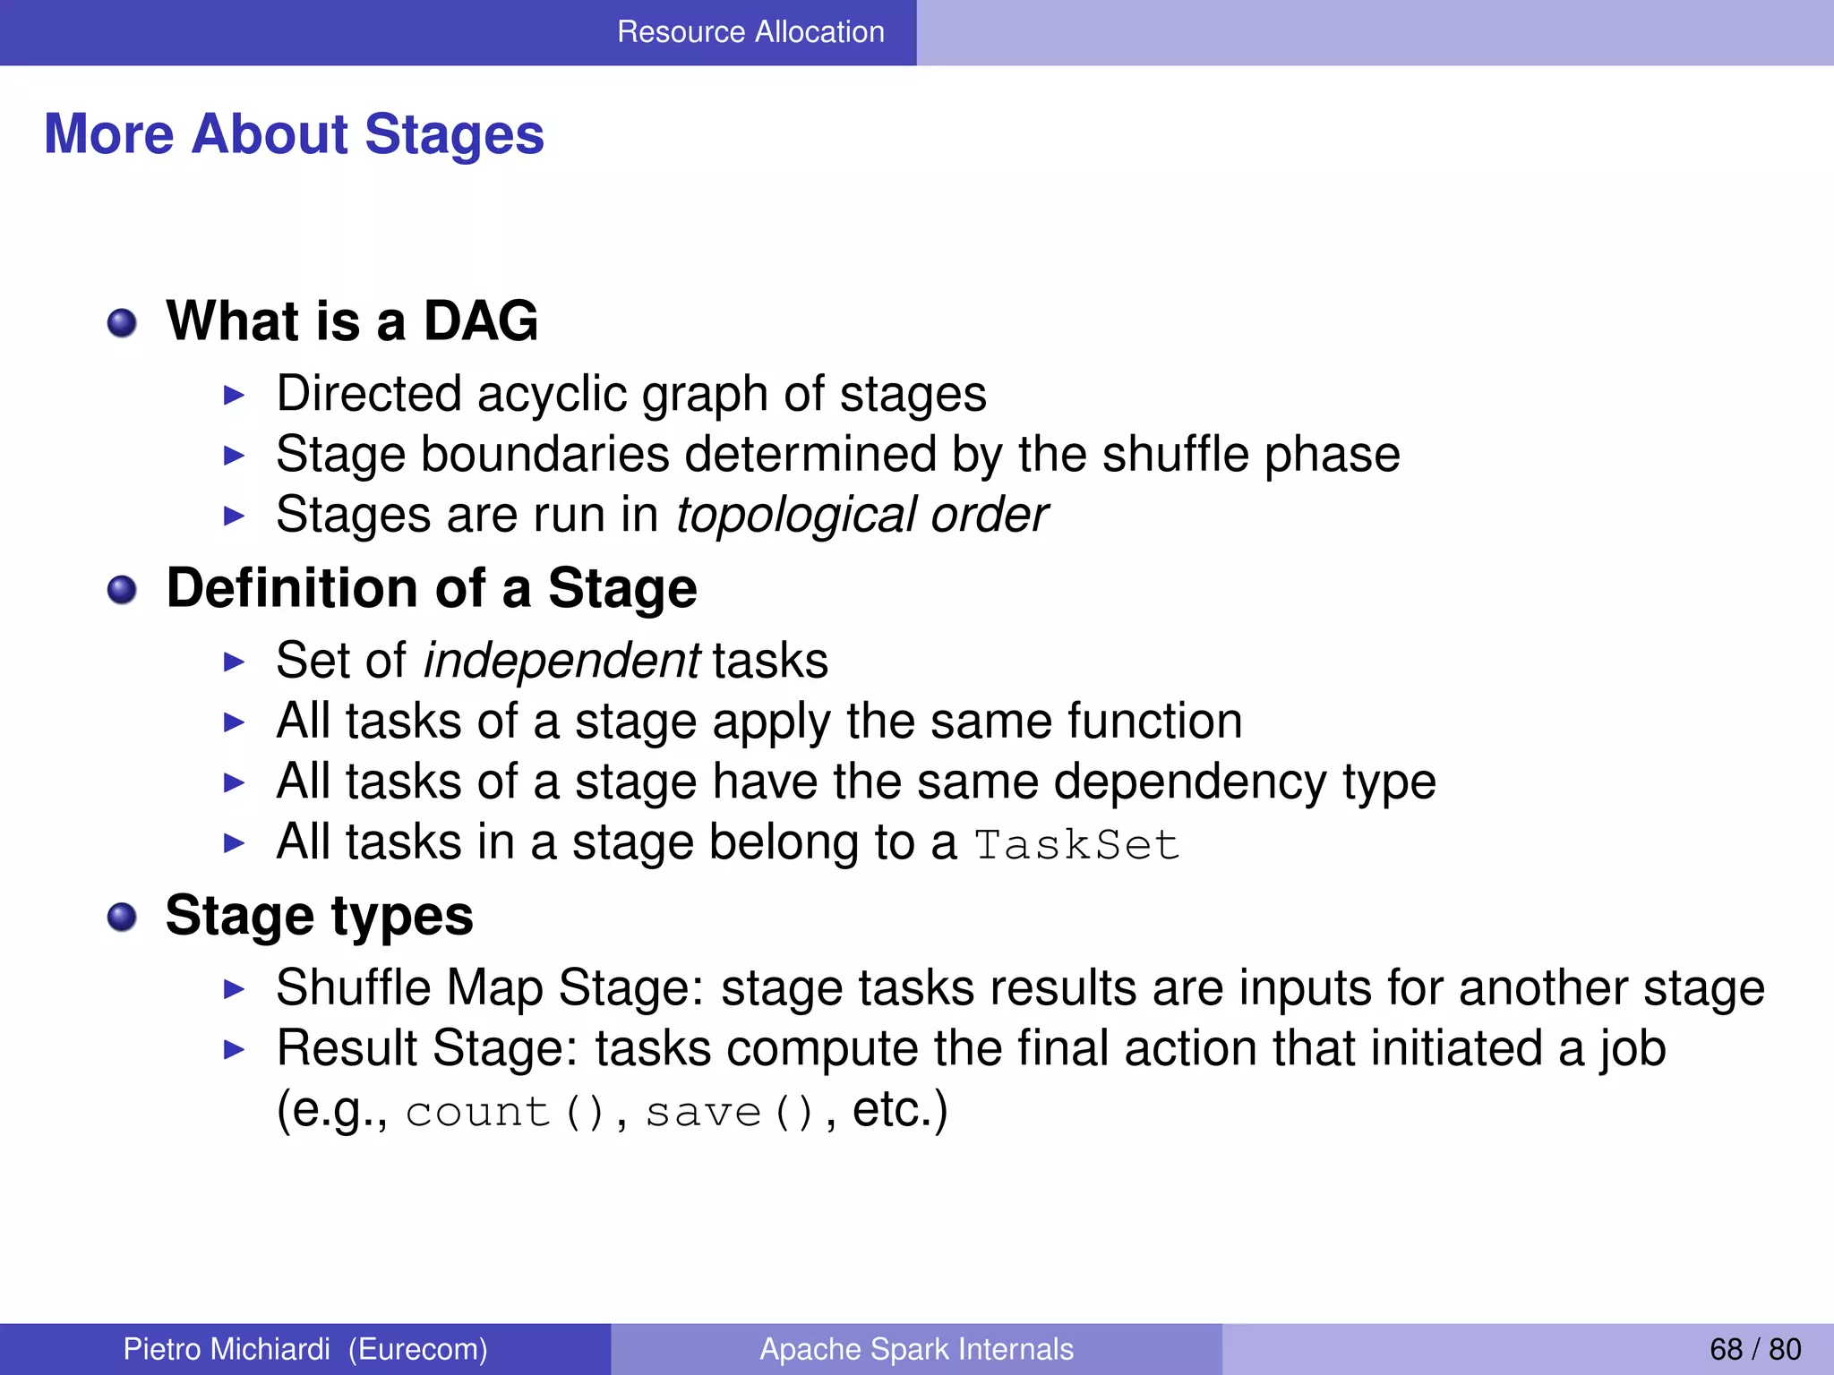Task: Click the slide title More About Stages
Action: click(294, 134)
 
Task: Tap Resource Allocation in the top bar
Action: click(750, 32)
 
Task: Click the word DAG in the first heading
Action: click(480, 320)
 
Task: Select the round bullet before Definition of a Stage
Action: click(122, 590)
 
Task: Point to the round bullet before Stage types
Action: click(122, 918)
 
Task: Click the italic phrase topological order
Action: click(861, 515)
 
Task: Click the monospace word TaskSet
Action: click(1076, 844)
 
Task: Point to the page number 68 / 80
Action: click(1755, 1349)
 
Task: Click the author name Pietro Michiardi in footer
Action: click(227, 1349)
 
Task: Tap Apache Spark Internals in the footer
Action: click(916, 1349)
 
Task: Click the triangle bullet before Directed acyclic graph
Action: click(234, 395)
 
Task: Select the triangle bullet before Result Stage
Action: click(234, 1049)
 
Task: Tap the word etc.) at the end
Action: click(899, 1109)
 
